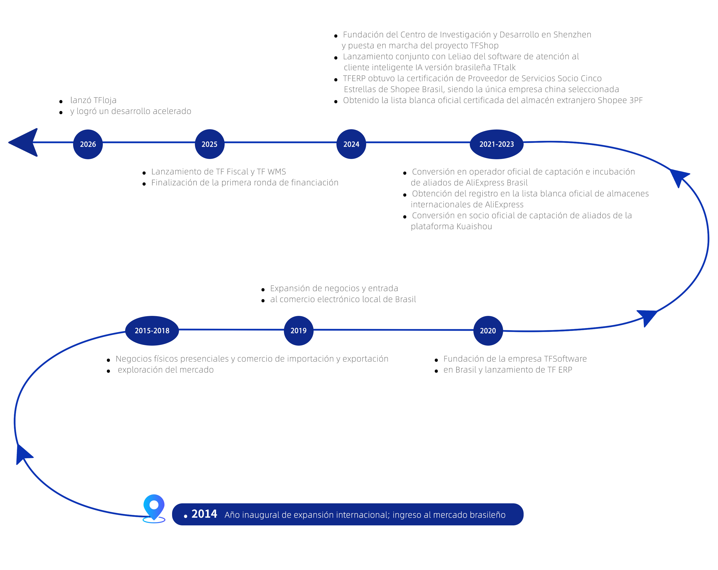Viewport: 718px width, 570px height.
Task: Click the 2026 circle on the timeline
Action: point(88,144)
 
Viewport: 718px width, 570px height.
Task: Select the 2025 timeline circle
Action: point(210,144)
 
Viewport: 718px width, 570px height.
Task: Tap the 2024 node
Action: point(351,144)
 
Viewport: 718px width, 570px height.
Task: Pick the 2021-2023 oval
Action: point(496,144)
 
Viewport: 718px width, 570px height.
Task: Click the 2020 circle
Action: point(488,331)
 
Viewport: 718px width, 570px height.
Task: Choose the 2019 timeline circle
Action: point(299,331)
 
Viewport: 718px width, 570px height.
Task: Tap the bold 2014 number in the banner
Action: point(204,514)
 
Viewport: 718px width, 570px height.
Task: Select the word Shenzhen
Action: point(572,35)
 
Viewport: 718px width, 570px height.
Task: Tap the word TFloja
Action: point(105,100)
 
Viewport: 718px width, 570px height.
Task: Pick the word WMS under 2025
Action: point(277,172)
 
